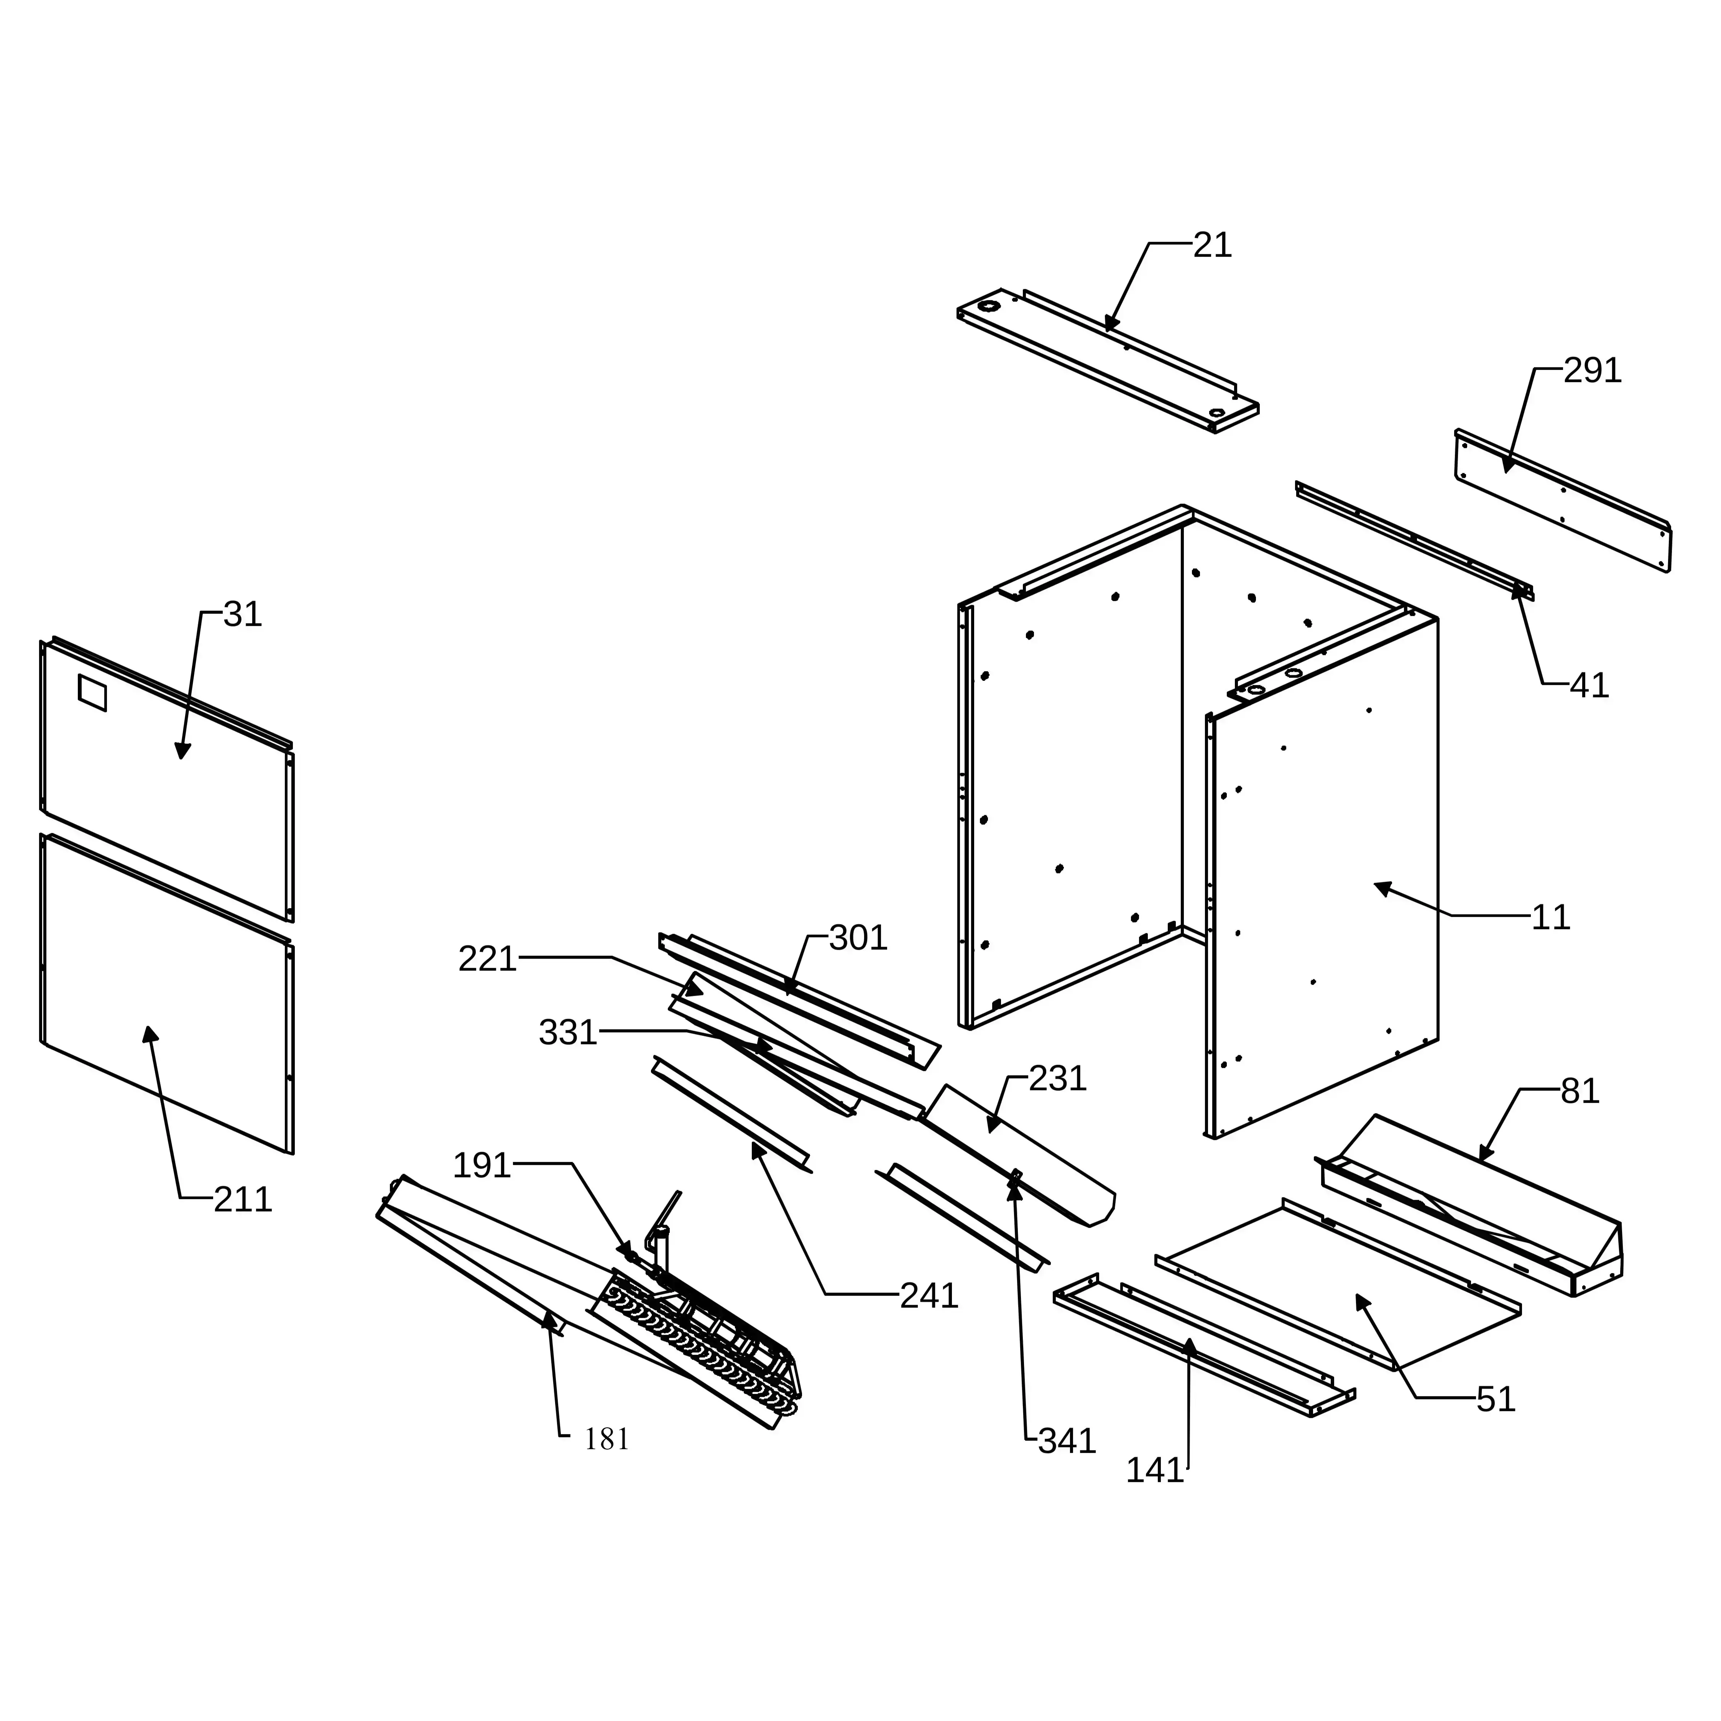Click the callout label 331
pyautogui.click(x=567, y=1032)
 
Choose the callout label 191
pyautogui.click(x=482, y=1165)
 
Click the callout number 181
pyautogui.click(x=607, y=1438)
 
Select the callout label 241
pyautogui.click(x=928, y=1295)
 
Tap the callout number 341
pyautogui.click(x=1066, y=1440)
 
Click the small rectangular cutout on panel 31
pyautogui.click(x=93, y=693)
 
